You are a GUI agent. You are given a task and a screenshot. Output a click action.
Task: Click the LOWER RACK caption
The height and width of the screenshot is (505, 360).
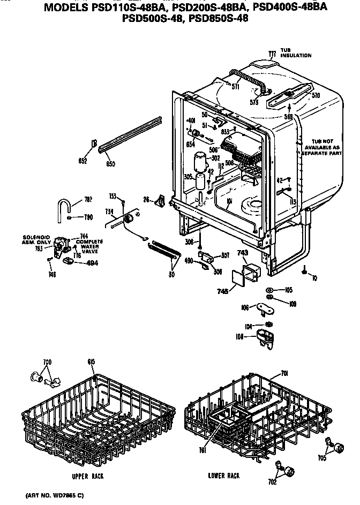[223, 476]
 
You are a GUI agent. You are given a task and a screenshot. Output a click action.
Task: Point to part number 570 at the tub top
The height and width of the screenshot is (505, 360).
[316, 96]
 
